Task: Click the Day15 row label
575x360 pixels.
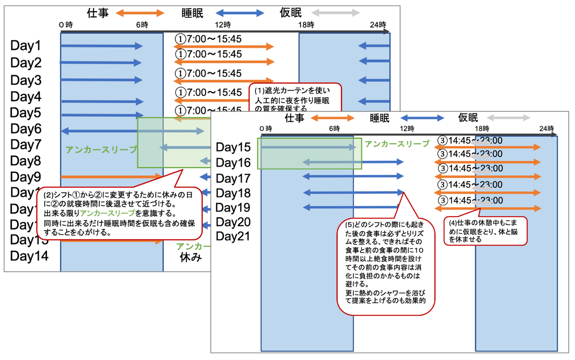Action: (233, 147)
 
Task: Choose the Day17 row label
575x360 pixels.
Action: (233, 178)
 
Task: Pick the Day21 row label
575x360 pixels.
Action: (233, 236)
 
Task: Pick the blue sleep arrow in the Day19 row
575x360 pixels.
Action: (351, 208)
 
